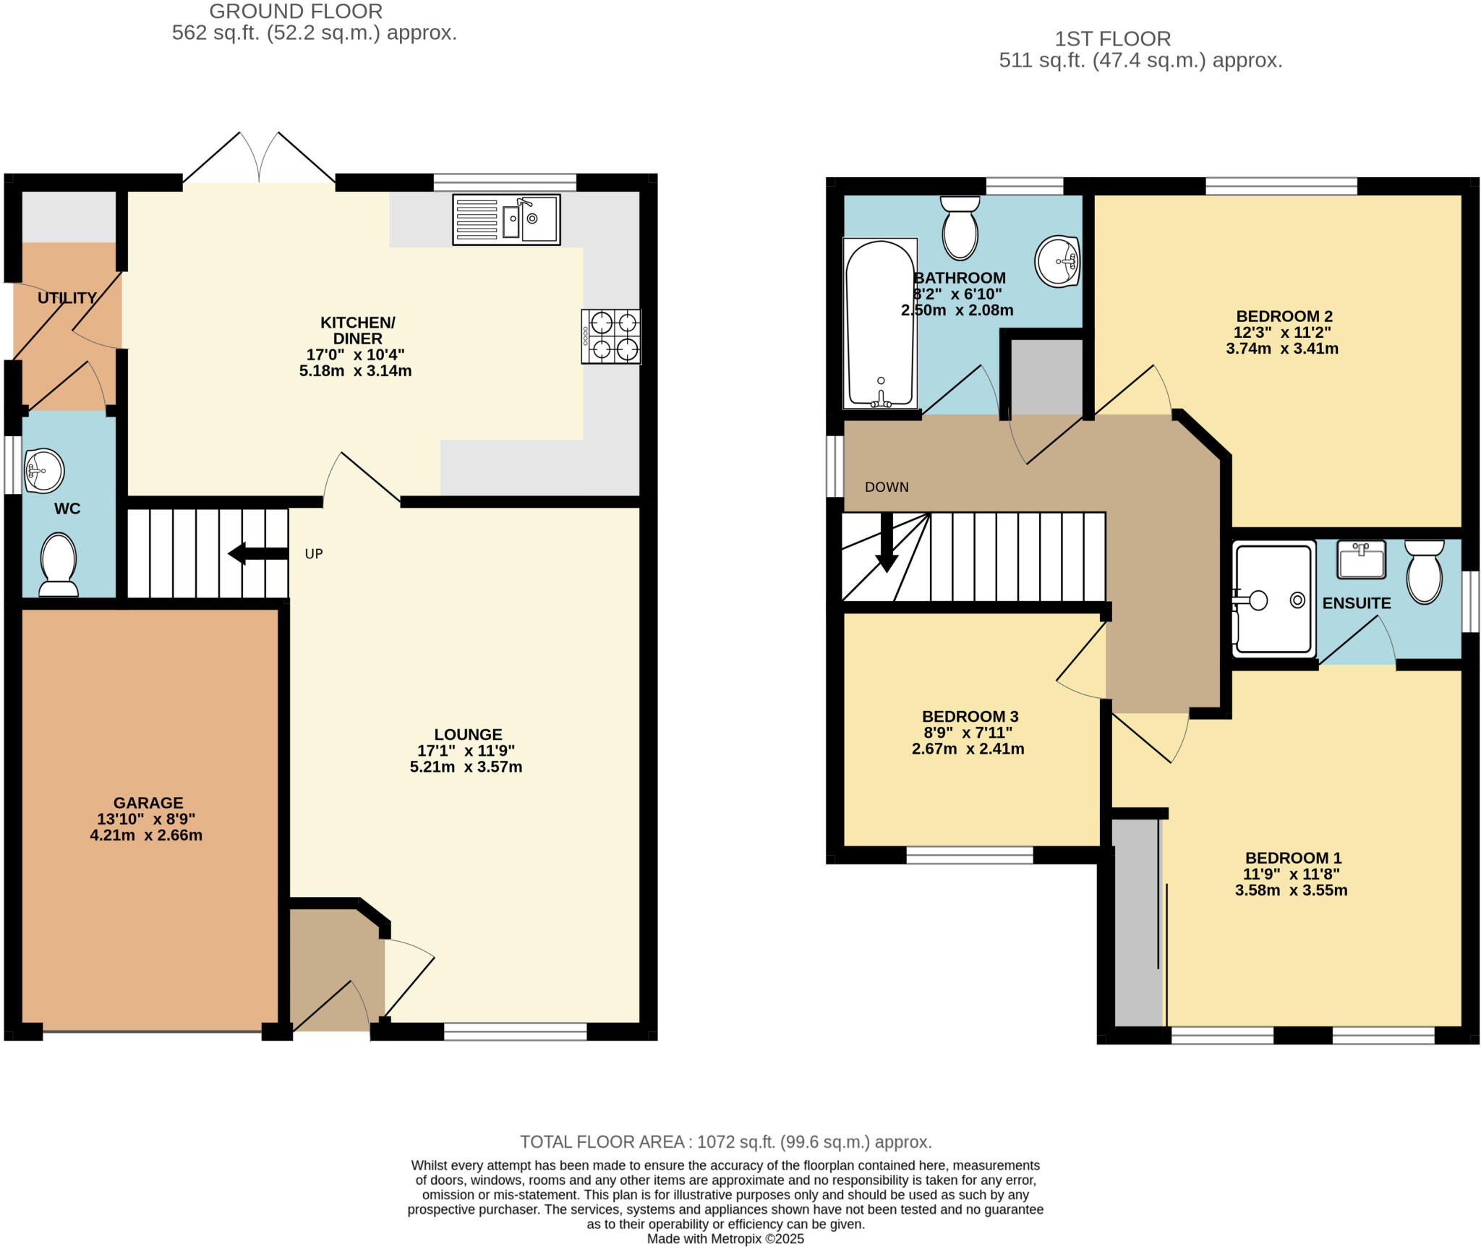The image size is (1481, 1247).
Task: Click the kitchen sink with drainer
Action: click(506, 219)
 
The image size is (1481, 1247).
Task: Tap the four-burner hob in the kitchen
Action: click(611, 336)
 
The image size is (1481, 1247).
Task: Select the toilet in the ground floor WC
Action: click(59, 565)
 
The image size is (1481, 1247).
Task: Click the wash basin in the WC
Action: click(44, 471)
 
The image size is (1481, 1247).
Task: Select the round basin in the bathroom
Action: click(1057, 260)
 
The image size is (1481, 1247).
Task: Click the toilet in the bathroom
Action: click(960, 228)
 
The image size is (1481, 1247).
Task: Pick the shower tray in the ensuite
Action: click(1273, 599)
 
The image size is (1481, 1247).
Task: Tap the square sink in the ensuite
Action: click(1361, 559)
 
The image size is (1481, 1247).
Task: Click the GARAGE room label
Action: click(148, 803)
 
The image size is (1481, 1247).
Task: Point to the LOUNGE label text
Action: click(468, 734)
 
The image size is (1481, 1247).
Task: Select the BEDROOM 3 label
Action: click(970, 716)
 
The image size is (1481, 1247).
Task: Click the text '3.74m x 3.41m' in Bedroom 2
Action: click(1281, 349)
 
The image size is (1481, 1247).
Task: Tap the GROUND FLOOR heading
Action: click(296, 12)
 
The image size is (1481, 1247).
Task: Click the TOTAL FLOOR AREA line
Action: click(725, 1141)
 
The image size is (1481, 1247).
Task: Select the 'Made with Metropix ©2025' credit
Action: click(725, 1238)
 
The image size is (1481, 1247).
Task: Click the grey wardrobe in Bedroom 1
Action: click(1137, 922)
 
